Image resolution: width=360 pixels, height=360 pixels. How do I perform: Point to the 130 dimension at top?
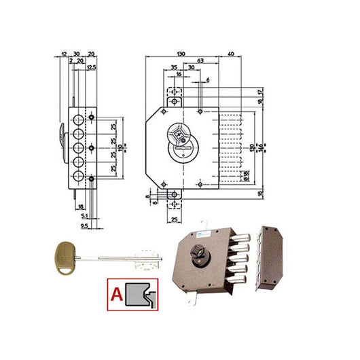[181, 54]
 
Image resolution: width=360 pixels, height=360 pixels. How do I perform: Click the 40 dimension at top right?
[232, 54]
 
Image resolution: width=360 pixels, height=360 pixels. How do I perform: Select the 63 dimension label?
[201, 60]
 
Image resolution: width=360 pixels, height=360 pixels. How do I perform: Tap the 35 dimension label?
[174, 68]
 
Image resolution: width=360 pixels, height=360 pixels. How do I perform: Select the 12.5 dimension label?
[91, 68]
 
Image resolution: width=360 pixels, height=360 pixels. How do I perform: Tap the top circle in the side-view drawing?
[79, 117]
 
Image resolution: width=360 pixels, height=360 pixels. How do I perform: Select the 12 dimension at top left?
[63, 54]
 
